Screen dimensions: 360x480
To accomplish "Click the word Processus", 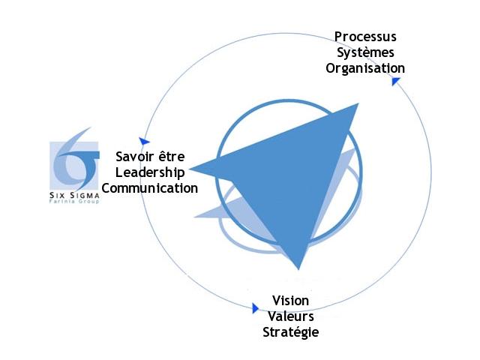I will pos(366,37).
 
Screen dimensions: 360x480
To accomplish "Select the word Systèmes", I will pos(366,52).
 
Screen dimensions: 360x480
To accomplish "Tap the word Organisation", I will pos(366,68).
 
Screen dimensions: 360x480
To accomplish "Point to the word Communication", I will pos(149,188).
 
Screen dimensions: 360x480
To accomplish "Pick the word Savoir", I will pos(135,157).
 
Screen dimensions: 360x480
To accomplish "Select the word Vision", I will pos(289,301).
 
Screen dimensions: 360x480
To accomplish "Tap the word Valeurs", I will pos(289,316).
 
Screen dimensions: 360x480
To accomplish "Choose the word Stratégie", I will pos(289,331).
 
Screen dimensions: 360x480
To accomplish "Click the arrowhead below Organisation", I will pos(395,80).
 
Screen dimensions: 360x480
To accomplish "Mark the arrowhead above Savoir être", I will pos(144,141).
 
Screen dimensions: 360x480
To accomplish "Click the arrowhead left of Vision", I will pos(255,307).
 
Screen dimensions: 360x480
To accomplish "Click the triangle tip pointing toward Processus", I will pos(355,106).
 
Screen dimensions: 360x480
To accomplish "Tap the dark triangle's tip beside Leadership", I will pos(192,167).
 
